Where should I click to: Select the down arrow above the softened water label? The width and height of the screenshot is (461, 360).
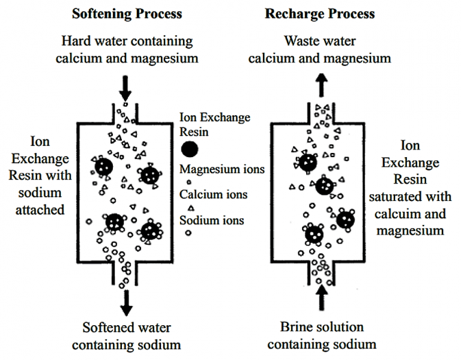tap(126, 303)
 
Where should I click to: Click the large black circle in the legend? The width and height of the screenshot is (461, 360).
tap(190, 149)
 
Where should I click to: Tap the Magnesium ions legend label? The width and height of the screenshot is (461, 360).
tap(222, 169)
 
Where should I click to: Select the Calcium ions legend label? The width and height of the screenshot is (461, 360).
tap(214, 194)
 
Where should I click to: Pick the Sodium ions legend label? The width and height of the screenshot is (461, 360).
tap(212, 220)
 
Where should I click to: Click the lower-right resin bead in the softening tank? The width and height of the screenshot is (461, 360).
tap(150, 230)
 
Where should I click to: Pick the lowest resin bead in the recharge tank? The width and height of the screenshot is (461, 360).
tap(314, 235)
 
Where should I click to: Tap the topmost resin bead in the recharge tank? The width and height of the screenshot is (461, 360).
tap(309, 161)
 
